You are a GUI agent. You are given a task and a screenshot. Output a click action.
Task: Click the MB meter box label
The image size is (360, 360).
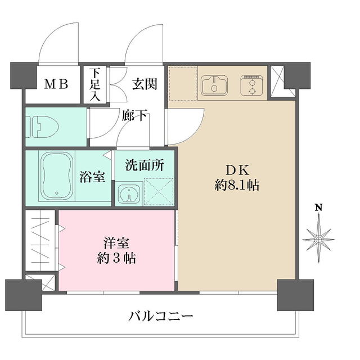click(x=56, y=85)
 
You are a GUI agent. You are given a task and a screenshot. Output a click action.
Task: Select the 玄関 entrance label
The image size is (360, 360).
click(x=144, y=84)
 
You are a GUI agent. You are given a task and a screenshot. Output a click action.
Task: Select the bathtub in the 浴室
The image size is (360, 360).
click(x=56, y=175)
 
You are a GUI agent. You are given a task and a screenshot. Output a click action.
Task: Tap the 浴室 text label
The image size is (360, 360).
click(x=93, y=176)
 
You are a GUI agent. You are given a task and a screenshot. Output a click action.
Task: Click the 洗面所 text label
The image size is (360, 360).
click(x=144, y=165)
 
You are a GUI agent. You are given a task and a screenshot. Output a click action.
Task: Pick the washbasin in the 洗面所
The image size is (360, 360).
click(x=129, y=193)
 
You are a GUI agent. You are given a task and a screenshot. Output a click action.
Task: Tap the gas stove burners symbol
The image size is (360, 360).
click(x=251, y=86)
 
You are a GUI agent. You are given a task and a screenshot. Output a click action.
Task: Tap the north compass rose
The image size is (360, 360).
click(x=318, y=239)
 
